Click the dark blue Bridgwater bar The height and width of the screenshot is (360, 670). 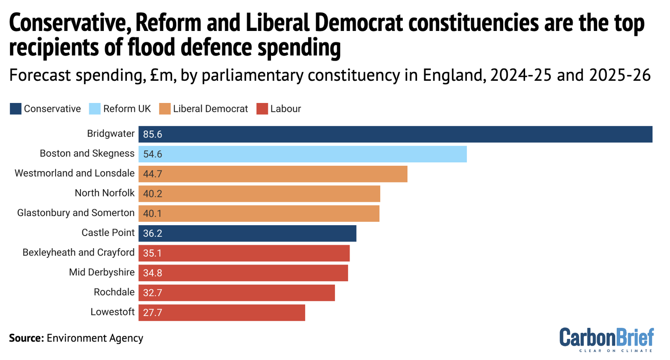click(395, 134)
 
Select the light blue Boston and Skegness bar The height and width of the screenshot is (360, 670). click(302, 154)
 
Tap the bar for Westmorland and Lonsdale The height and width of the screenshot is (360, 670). click(273, 174)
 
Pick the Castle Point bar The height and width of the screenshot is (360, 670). click(247, 233)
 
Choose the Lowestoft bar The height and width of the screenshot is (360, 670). click(222, 313)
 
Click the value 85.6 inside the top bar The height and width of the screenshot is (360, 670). click(152, 134)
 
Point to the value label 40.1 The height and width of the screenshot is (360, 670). click(152, 213)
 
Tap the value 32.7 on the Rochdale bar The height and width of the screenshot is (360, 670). click(152, 293)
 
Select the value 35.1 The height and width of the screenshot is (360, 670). click(152, 253)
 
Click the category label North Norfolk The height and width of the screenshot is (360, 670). click(105, 193)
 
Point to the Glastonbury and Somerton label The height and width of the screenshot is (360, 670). click(76, 213)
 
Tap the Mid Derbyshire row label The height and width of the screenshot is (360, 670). click(102, 272)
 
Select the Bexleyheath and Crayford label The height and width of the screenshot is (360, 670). click(78, 252)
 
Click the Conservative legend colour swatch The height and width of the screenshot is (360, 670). click(15, 109)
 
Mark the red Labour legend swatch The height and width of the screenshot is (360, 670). click(262, 109)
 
